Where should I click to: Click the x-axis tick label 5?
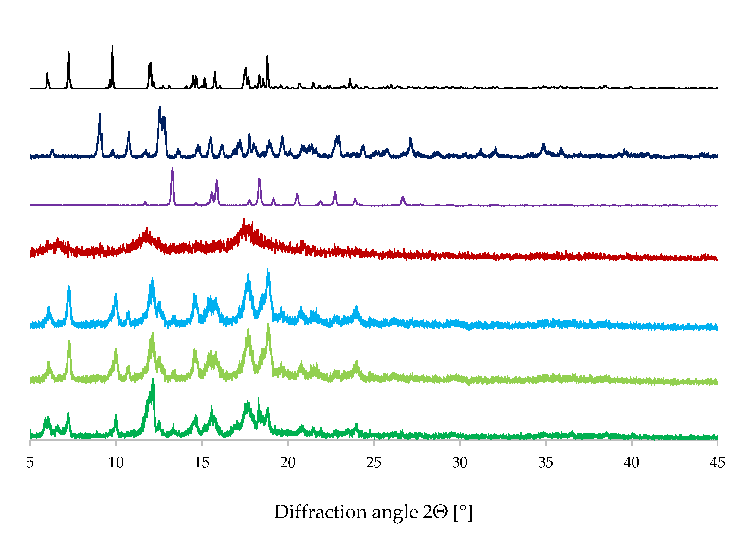tap(30, 463)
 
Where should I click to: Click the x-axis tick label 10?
tap(116, 463)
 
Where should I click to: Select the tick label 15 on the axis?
tap(202, 463)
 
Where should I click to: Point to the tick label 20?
tap(287, 463)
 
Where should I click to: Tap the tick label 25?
tap(373, 463)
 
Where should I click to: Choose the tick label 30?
tap(460, 463)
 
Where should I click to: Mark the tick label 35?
tap(545, 463)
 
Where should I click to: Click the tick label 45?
tap(717, 463)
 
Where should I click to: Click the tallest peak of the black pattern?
tap(112, 46)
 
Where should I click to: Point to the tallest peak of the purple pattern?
tap(172, 168)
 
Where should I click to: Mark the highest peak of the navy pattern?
tap(160, 107)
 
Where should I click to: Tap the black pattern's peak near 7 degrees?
tap(69, 52)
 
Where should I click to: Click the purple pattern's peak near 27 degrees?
tap(403, 197)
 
